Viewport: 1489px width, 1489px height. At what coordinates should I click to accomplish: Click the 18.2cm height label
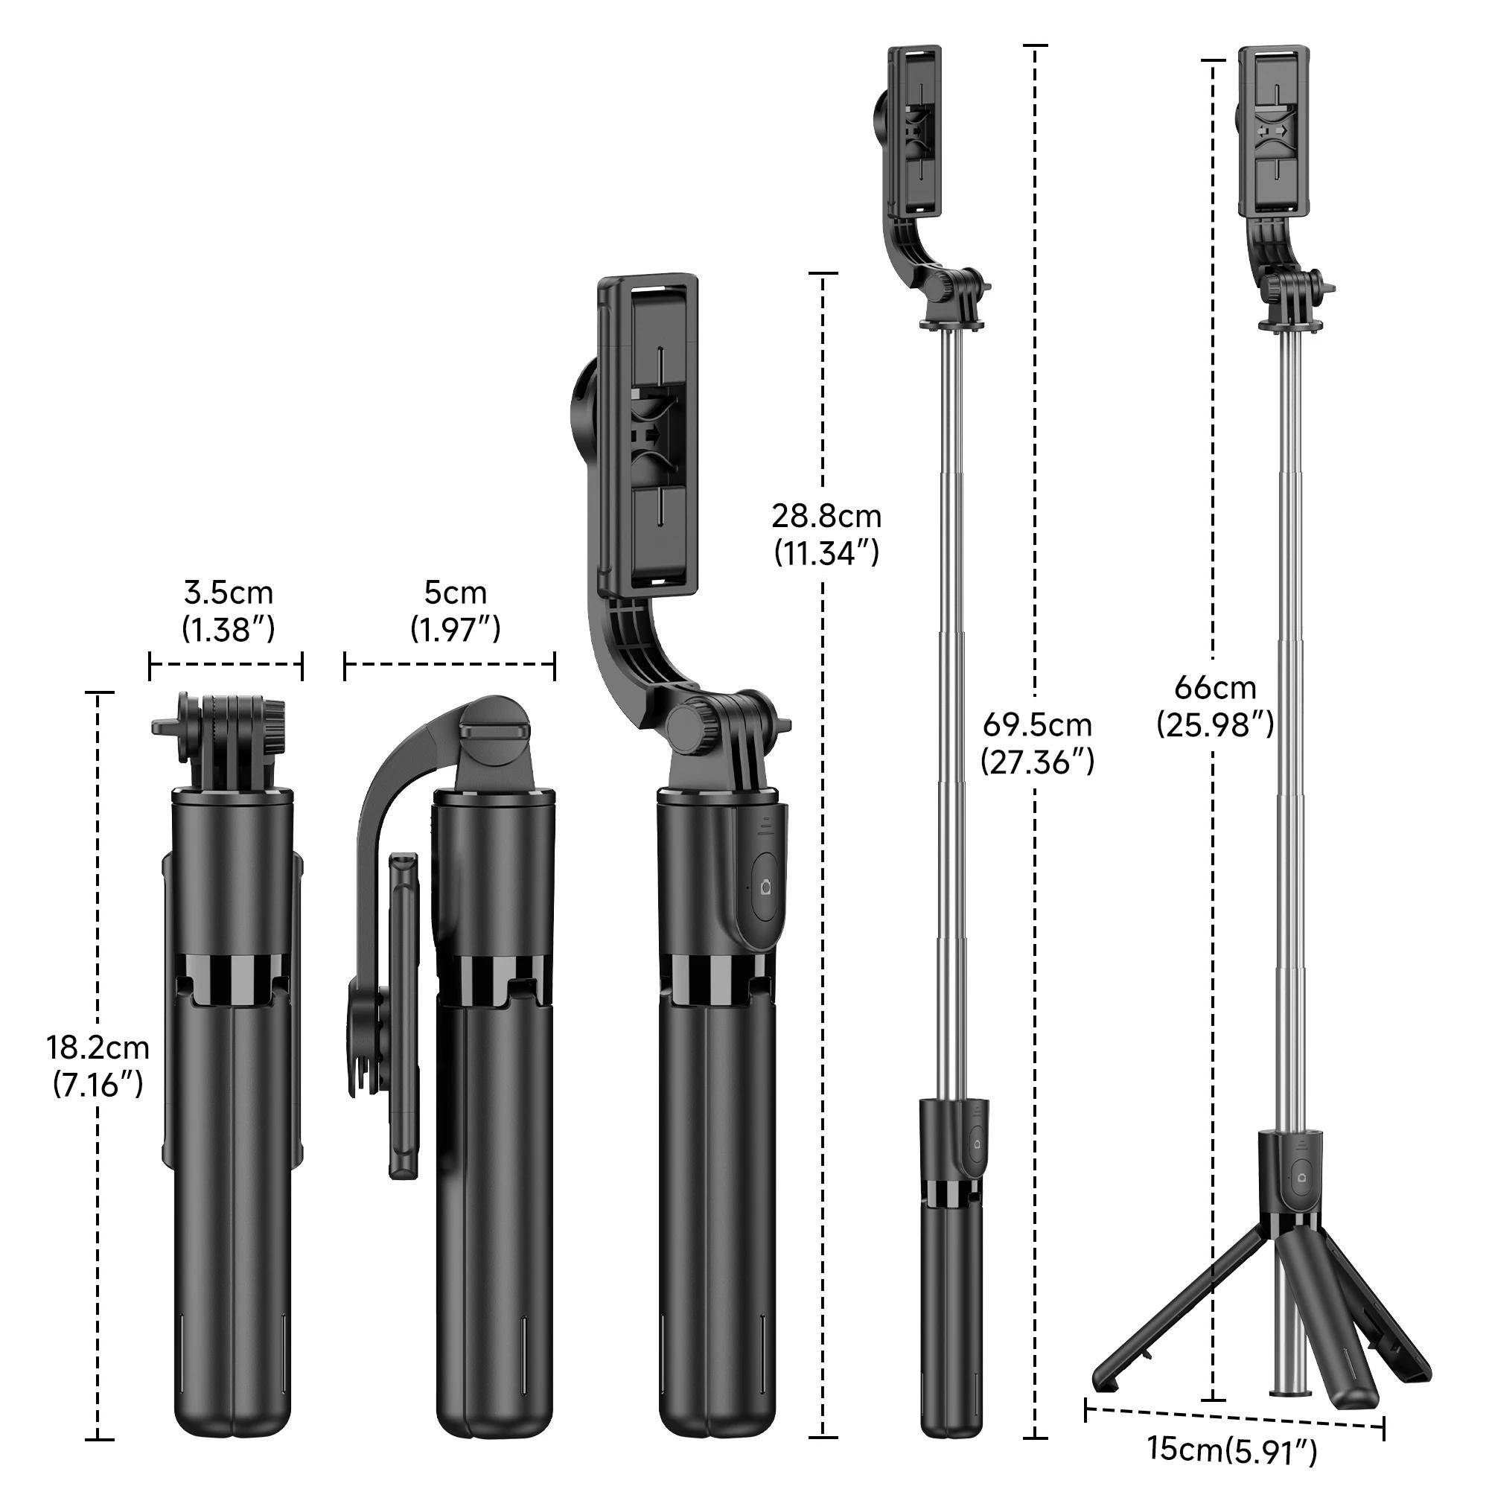(x=98, y=1048)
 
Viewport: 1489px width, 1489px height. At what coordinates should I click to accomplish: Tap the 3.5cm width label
(x=228, y=593)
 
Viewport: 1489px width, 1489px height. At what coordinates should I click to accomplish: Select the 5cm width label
(x=455, y=593)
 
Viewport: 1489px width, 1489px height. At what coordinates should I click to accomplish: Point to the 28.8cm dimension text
(x=826, y=516)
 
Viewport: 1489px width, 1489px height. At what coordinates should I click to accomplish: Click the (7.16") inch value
(x=98, y=1085)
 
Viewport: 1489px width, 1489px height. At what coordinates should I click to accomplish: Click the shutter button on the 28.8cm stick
(x=765, y=888)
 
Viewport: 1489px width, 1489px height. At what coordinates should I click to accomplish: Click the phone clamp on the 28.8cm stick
(x=649, y=436)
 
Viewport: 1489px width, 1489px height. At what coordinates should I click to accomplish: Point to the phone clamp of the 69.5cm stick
(x=915, y=131)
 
